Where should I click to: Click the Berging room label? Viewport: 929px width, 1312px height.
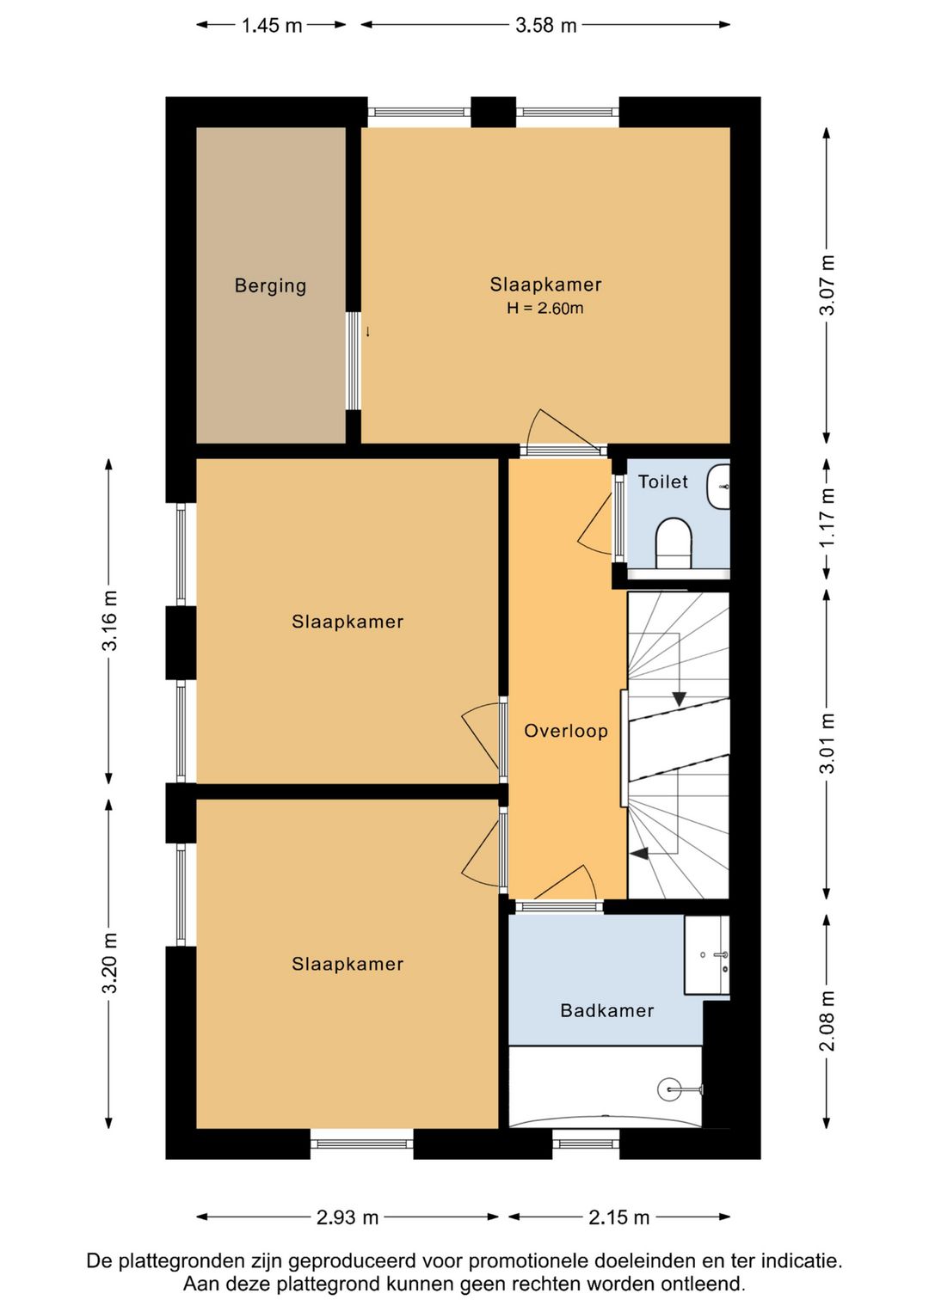pos(270,285)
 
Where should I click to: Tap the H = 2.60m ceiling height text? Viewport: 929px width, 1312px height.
pos(545,308)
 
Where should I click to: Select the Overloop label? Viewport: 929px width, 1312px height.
pos(566,731)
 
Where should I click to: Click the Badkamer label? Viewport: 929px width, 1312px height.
pos(606,1010)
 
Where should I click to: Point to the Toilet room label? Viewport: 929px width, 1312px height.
pos(663,481)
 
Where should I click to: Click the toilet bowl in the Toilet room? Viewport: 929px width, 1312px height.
pos(674,543)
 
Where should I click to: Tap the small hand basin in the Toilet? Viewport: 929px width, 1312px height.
pos(718,486)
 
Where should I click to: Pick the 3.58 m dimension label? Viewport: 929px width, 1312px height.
pos(545,25)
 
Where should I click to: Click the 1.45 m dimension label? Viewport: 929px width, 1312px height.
pos(272,25)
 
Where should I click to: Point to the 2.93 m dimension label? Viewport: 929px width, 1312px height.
pos(348,1217)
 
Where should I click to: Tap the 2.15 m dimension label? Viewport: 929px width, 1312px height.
pos(619,1217)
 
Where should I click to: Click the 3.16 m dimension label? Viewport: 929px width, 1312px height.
pos(109,621)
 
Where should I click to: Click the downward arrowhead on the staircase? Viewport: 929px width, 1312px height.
pos(679,699)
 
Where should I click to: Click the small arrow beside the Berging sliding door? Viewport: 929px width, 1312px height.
pos(367,332)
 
